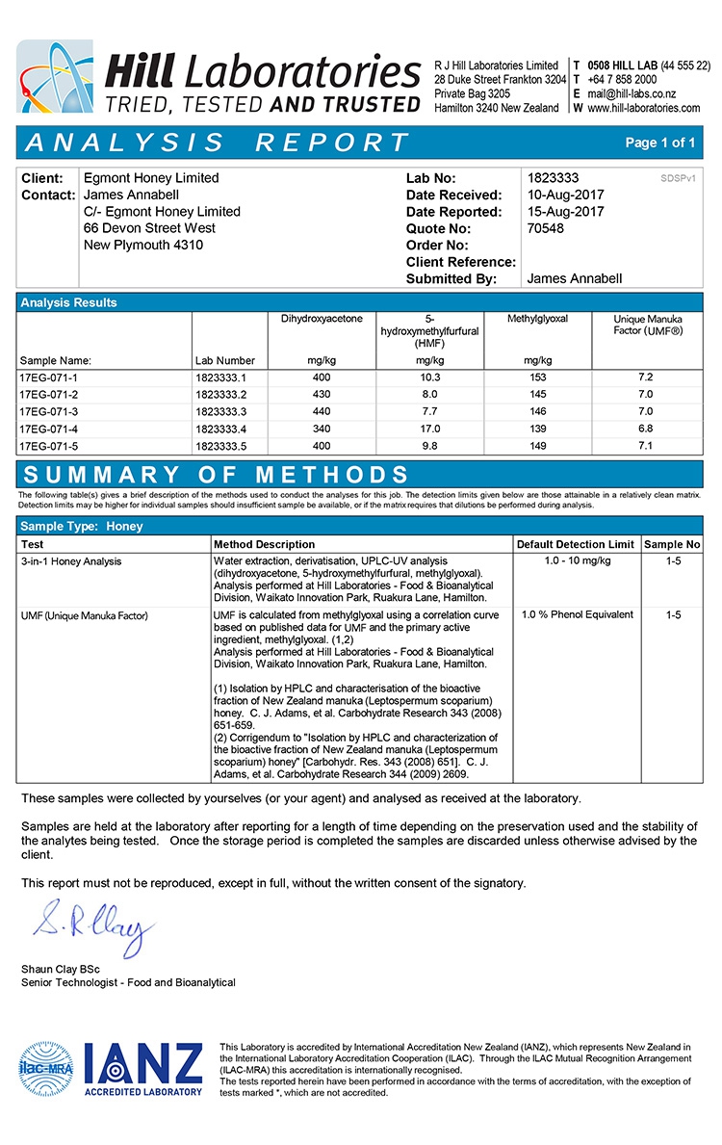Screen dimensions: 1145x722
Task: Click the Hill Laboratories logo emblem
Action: pyautogui.click(x=54, y=76)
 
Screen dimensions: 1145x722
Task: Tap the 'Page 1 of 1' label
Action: pyautogui.click(x=659, y=143)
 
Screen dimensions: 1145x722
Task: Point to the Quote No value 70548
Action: pyautogui.click(x=546, y=228)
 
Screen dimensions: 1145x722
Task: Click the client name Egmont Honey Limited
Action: pyautogui.click(x=151, y=178)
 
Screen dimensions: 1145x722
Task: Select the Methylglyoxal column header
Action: pyautogui.click(x=538, y=318)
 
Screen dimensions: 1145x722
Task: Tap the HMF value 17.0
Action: pyautogui.click(x=429, y=429)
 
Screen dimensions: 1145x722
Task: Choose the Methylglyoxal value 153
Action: pyautogui.click(x=538, y=377)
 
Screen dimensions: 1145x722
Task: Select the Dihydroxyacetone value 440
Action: pyautogui.click(x=322, y=411)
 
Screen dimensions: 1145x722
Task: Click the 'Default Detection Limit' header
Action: pyautogui.click(x=575, y=544)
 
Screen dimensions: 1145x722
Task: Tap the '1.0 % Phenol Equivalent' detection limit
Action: pyautogui.click(x=577, y=614)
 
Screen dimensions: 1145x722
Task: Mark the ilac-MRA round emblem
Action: pyautogui.click(x=46, y=1066)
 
